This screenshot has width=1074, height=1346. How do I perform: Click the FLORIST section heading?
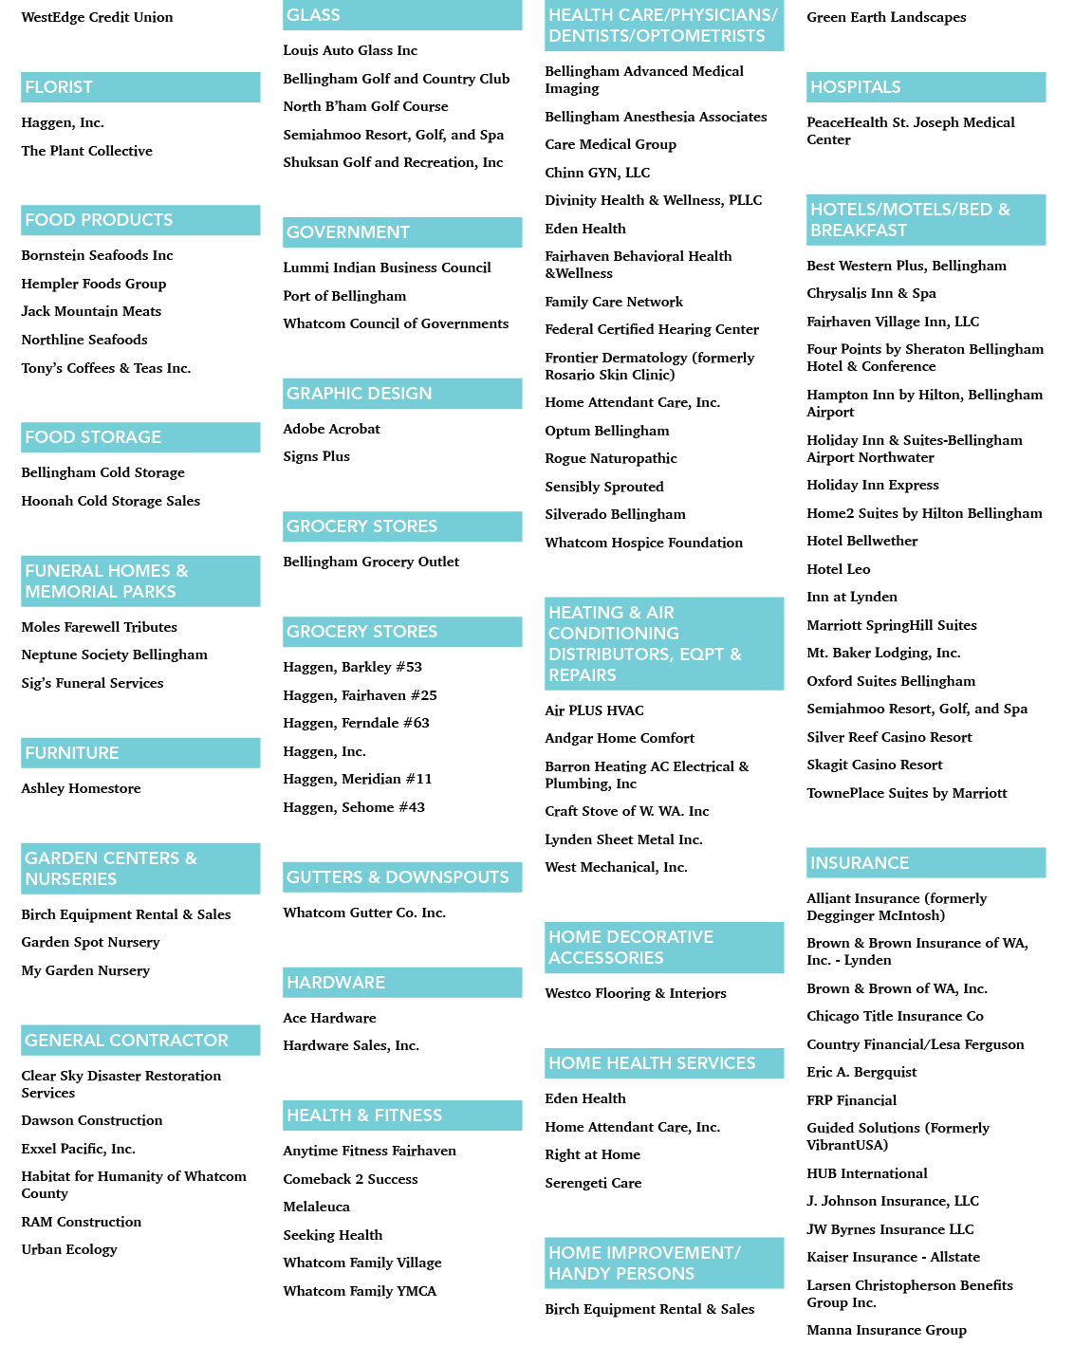click(58, 87)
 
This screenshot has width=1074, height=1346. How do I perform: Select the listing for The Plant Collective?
click(87, 151)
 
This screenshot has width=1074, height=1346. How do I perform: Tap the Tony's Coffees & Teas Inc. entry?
click(105, 368)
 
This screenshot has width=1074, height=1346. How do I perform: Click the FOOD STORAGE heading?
click(93, 436)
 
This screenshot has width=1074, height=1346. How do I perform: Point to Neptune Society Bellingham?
click(115, 655)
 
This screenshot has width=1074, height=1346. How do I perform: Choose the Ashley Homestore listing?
click(81, 788)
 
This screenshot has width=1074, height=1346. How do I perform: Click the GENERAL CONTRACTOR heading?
click(126, 1041)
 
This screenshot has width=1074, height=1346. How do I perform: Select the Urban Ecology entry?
click(69, 1249)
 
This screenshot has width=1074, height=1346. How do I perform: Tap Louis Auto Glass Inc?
click(350, 50)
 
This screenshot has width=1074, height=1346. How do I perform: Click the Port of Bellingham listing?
click(344, 296)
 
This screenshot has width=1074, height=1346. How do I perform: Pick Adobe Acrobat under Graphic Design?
click(331, 429)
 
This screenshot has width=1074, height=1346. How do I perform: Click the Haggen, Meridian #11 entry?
click(357, 779)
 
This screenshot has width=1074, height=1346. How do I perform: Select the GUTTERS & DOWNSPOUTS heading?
click(398, 876)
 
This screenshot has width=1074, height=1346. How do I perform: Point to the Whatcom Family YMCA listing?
click(360, 1291)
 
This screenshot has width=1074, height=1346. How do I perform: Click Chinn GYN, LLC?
click(597, 173)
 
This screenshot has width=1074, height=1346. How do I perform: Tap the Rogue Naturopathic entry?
click(610, 458)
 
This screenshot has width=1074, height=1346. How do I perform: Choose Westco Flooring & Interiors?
click(635, 993)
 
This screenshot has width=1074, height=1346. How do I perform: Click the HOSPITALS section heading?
click(855, 87)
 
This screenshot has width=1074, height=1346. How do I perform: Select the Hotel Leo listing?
click(838, 569)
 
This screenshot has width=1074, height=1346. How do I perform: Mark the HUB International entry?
click(866, 1173)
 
